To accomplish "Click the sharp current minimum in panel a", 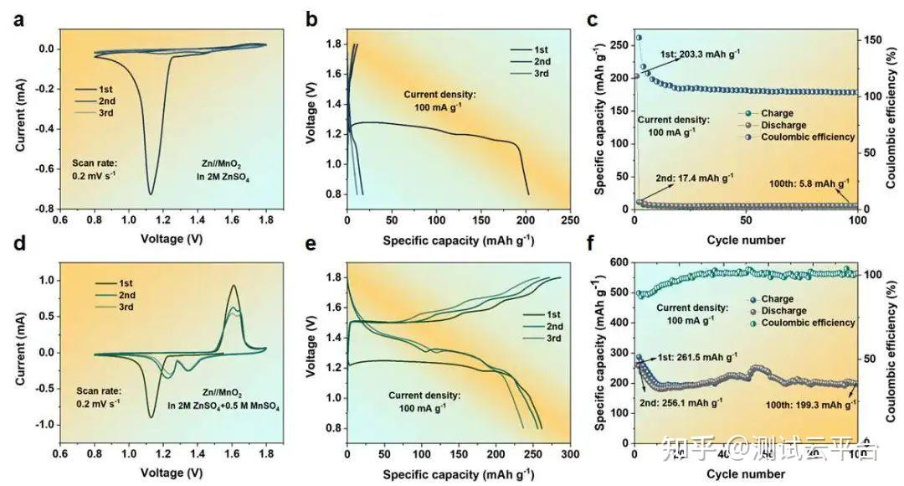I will (x=151, y=194).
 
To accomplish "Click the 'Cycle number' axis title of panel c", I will (x=746, y=240).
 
